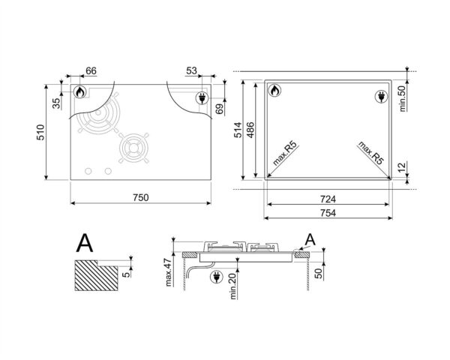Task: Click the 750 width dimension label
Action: tap(141, 197)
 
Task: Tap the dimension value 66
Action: tap(91, 71)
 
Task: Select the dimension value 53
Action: tap(192, 71)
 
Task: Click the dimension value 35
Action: tap(56, 103)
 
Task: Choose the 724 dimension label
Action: tap(327, 199)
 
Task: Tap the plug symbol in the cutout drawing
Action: tap(379, 95)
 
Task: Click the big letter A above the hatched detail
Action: tap(85, 241)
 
